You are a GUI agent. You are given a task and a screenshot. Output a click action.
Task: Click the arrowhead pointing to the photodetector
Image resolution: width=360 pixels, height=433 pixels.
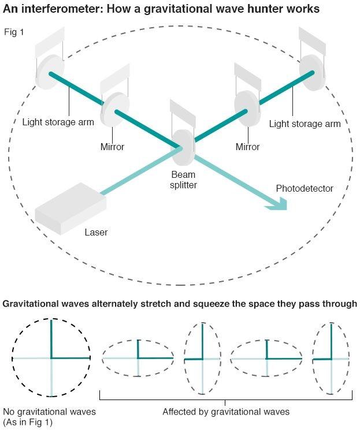280,203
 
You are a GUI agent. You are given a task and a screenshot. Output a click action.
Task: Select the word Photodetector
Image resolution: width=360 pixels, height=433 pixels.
305,189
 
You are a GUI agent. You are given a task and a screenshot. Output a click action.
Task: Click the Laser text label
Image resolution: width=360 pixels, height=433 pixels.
96,233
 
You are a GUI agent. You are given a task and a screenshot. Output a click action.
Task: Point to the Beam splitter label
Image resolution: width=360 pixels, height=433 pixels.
183,180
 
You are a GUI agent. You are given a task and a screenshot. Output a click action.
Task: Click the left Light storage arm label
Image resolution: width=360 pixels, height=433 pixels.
58,122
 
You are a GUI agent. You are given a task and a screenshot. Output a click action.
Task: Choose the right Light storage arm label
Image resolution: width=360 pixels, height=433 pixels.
305,124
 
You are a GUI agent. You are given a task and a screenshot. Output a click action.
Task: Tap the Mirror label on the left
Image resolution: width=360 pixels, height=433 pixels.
112,147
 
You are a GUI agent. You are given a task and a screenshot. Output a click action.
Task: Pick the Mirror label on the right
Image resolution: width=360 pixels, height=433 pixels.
247,147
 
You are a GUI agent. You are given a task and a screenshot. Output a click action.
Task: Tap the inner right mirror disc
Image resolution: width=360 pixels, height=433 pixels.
247,107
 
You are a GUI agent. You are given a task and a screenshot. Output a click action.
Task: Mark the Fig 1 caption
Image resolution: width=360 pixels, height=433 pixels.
14,32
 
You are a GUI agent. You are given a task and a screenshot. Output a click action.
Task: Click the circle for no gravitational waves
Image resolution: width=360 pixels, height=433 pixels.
51,358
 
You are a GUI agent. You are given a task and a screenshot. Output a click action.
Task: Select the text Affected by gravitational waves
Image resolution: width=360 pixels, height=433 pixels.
225,412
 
